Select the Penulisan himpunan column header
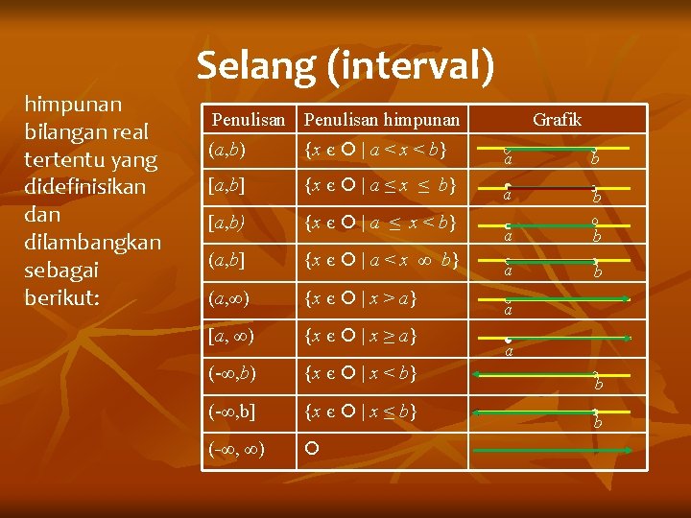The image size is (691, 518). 381,120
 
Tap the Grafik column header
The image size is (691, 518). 557,120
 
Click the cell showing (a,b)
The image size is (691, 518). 226,150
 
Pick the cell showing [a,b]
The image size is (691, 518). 226,185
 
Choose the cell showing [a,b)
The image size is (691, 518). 226,223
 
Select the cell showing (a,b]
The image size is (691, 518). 226,260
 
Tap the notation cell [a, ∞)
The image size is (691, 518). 231,335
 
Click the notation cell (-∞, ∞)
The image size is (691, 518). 236,447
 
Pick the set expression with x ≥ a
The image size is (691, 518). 360,335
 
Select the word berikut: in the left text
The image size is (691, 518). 62,296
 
